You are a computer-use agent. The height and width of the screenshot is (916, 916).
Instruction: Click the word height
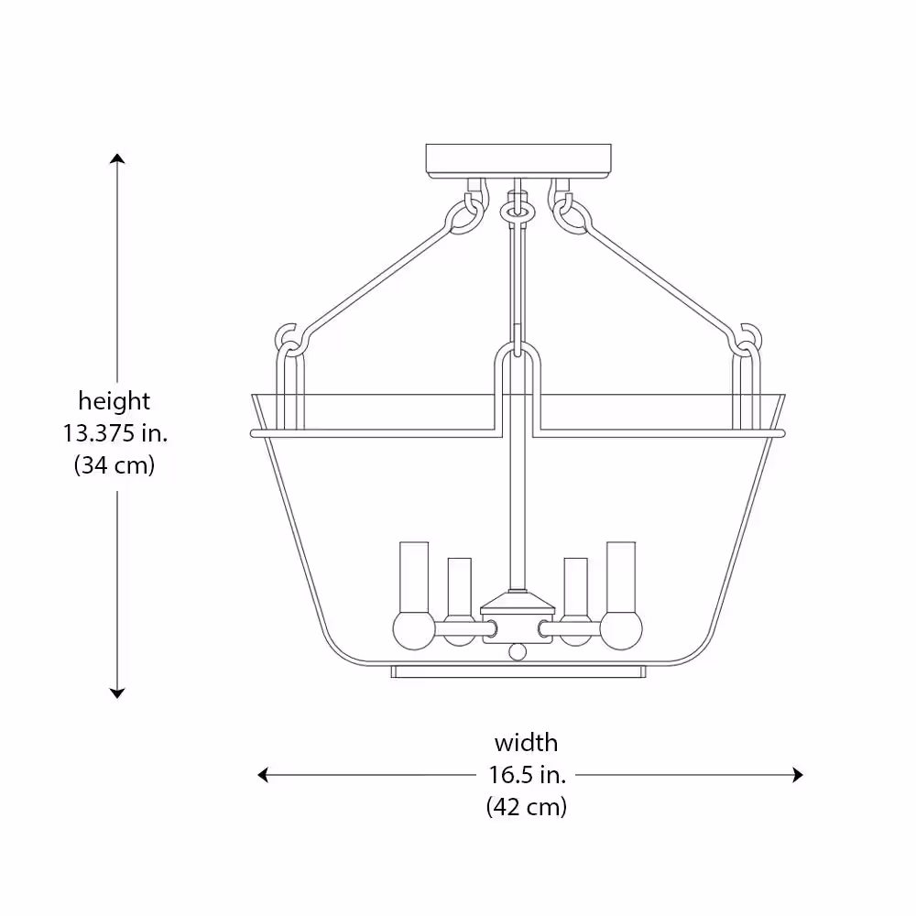click(114, 401)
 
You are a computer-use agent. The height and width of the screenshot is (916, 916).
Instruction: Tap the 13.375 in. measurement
click(115, 433)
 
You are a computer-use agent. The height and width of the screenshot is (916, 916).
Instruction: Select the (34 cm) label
click(114, 465)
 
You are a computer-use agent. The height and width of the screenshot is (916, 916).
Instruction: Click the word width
click(527, 743)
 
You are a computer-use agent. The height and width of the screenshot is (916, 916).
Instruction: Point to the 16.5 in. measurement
click(528, 775)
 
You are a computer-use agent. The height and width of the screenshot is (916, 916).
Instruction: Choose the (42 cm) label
click(527, 807)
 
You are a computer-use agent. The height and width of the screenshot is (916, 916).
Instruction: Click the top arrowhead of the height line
click(117, 158)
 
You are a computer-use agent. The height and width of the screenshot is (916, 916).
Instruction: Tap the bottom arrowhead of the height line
click(117, 693)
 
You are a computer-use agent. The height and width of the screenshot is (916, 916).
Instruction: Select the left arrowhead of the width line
click(263, 775)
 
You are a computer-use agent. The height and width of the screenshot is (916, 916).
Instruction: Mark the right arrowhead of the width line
click(798, 775)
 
